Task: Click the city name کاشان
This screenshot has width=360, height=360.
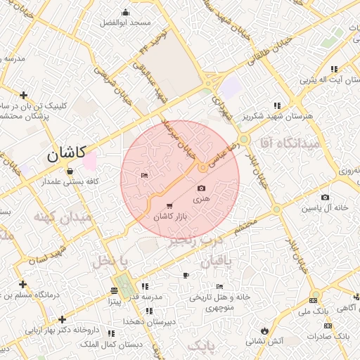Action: (67, 154)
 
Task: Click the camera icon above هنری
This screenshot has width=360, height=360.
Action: (202, 188)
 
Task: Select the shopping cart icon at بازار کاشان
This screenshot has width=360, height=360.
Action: (169, 206)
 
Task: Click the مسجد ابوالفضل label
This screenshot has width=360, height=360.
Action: (127, 23)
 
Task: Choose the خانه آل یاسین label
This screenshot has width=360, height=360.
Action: (326, 208)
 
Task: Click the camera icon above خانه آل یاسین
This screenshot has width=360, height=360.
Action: (325, 197)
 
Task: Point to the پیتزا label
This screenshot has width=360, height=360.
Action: (114, 301)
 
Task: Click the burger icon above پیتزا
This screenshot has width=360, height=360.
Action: (115, 291)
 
